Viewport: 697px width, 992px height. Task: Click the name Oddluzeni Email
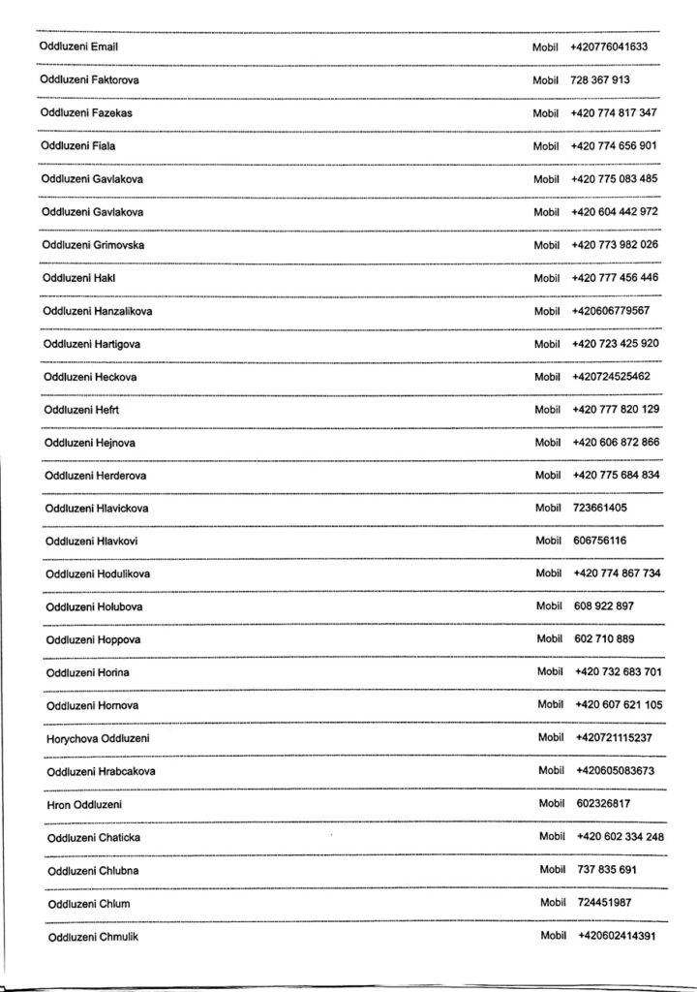point(78,46)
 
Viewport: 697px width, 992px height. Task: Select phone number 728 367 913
point(600,80)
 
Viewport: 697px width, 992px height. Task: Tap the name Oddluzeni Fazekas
point(86,113)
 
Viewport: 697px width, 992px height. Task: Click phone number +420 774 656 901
point(614,146)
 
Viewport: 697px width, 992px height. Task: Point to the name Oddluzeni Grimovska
point(93,245)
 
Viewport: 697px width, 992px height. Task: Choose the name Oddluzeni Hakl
point(79,278)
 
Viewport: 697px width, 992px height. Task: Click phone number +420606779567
point(611,311)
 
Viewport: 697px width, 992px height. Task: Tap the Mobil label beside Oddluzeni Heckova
point(547,377)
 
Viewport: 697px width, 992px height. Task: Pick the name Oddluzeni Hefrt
point(81,410)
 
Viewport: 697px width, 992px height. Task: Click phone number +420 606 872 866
point(616,442)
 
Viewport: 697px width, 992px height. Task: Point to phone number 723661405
point(600,508)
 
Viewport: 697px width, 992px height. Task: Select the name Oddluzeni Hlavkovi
point(91,541)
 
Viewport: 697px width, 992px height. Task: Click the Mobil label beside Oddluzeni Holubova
point(549,606)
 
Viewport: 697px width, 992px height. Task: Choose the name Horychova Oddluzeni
point(98,739)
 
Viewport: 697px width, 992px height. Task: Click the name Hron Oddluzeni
point(84,805)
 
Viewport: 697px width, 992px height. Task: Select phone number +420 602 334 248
point(620,837)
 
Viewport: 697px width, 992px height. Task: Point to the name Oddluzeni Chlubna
point(93,871)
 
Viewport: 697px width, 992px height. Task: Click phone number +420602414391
point(617,936)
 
